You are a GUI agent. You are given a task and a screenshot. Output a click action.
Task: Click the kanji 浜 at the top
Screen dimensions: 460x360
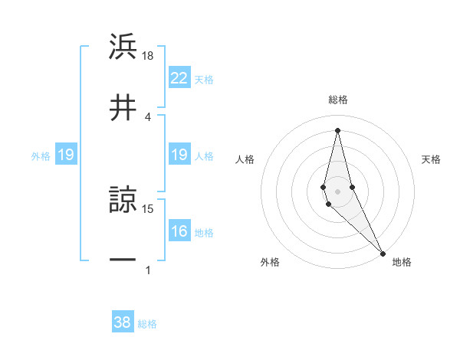pyautogui.click(x=123, y=47)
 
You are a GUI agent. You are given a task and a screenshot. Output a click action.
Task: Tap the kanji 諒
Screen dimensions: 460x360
pyautogui.click(x=123, y=201)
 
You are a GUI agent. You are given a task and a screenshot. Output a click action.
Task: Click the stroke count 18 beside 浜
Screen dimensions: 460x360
pyautogui.click(x=149, y=57)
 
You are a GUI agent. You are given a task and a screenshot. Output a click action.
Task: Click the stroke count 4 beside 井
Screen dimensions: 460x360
pyautogui.click(x=149, y=116)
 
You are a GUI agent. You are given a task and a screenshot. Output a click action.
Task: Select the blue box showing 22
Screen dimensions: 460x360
pyautogui.click(x=179, y=78)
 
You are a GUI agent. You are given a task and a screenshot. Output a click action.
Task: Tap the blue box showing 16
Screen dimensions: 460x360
pyautogui.click(x=179, y=232)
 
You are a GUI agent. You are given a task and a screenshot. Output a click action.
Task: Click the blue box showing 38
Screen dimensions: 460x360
pyautogui.click(x=123, y=322)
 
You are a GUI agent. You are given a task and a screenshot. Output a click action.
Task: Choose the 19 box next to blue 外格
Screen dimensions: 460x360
pyautogui.click(x=66, y=155)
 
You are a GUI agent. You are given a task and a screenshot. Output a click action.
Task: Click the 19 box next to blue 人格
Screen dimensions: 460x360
pyautogui.click(x=179, y=155)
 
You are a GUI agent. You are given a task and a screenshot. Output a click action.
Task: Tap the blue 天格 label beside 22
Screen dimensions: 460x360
pyautogui.click(x=204, y=79)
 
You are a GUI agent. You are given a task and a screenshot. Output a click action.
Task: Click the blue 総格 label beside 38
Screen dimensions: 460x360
pyautogui.click(x=147, y=324)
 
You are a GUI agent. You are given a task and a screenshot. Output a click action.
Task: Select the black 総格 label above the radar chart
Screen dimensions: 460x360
pyautogui.click(x=338, y=100)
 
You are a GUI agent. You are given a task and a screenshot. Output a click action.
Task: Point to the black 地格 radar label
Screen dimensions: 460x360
pyautogui.click(x=402, y=262)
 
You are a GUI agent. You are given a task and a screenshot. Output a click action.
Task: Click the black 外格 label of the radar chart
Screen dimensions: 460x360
pyautogui.click(x=270, y=262)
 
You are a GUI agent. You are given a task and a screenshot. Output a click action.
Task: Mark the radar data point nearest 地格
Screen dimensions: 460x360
pyautogui.click(x=383, y=252)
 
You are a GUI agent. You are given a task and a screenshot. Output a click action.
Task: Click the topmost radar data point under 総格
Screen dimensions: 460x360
pyautogui.click(x=337, y=130)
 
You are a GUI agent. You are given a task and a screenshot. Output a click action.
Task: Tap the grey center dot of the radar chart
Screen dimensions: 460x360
pyautogui.click(x=337, y=191)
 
